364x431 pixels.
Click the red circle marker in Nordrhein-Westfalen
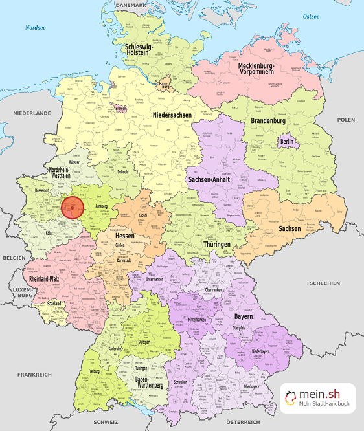click(73, 208)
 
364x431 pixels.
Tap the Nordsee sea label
click(36, 28)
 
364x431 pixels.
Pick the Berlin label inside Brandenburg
click(286, 142)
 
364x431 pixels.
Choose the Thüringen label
click(216, 244)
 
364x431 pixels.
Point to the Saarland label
click(54, 303)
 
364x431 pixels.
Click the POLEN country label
click(346, 120)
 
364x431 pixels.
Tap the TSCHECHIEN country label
click(323, 283)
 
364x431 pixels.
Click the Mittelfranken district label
click(201, 319)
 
